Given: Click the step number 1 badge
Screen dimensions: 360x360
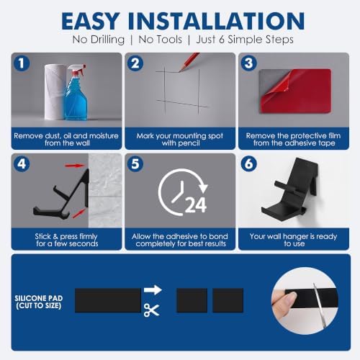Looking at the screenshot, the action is tap(22, 63).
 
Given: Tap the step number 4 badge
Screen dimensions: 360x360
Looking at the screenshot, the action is tap(22, 164).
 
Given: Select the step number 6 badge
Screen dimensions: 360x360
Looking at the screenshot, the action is tap(249, 164).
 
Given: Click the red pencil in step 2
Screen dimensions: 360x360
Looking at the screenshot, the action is tap(189, 62).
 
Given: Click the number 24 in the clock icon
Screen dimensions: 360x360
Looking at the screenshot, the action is tap(196, 205).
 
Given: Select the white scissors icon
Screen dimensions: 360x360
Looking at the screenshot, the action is tap(151, 310).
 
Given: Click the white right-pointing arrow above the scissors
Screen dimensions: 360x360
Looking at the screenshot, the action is tap(153, 289).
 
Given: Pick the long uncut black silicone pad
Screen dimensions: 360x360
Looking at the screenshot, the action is tap(108, 300).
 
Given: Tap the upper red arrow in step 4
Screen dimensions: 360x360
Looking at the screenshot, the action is tap(75, 166).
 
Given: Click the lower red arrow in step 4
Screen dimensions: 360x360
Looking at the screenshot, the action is tap(79, 213).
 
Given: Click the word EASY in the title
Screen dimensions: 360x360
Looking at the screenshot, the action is tap(91, 21).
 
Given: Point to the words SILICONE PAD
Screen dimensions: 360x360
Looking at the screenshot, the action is tap(39, 298).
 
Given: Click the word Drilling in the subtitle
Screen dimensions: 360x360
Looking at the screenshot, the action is tap(107, 40).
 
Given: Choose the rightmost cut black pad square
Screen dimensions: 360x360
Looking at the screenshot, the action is tap(228, 300).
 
